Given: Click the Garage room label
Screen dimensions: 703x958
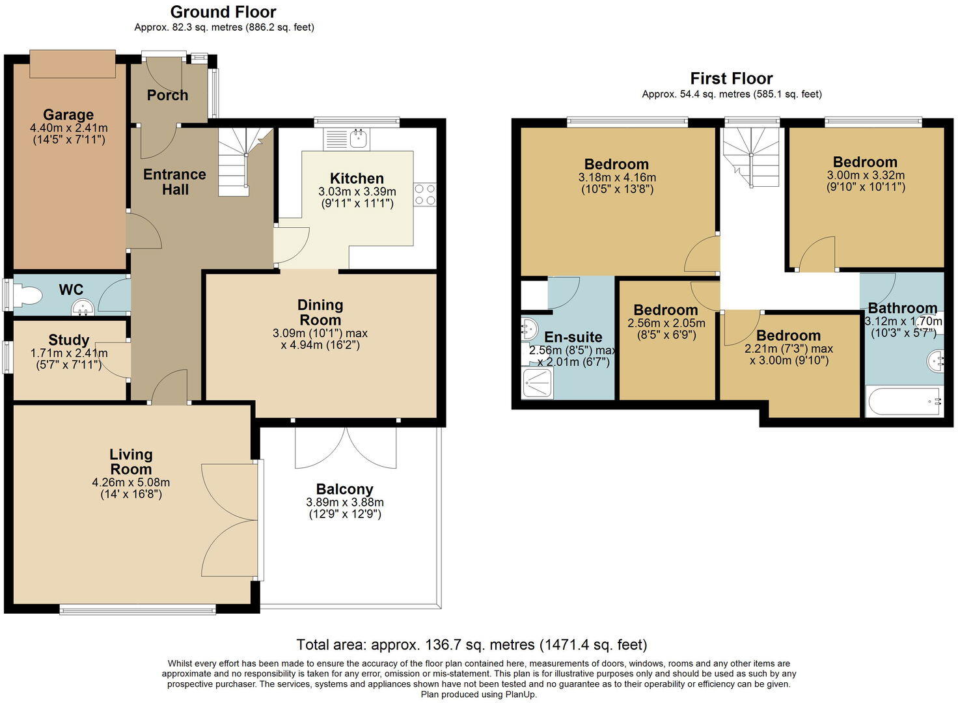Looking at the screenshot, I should (x=68, y=115).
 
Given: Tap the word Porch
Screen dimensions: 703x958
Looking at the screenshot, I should (x=167, y=95).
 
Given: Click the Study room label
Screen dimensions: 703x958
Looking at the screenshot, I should (x=68, y=340).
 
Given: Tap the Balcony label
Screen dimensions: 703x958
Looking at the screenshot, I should (x=344, y=489).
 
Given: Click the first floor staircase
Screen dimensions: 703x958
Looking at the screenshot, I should (x=753, y=157).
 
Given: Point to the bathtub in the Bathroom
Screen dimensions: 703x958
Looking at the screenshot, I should (x=904, y=402).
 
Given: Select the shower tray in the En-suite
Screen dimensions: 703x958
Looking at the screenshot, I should (x=538, y=384).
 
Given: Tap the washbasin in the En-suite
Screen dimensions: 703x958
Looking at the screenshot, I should (x=528, y=329).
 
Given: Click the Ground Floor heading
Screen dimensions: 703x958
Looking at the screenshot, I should (x=223, y=12).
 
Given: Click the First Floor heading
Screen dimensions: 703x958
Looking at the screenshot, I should (x=731, y=79).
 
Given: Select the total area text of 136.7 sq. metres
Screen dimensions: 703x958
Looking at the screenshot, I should (x=471, y=644).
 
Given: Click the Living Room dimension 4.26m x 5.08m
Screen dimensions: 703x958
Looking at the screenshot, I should (x=131, y=482).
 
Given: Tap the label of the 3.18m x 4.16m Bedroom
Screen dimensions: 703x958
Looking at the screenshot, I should (x=616, y=165).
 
